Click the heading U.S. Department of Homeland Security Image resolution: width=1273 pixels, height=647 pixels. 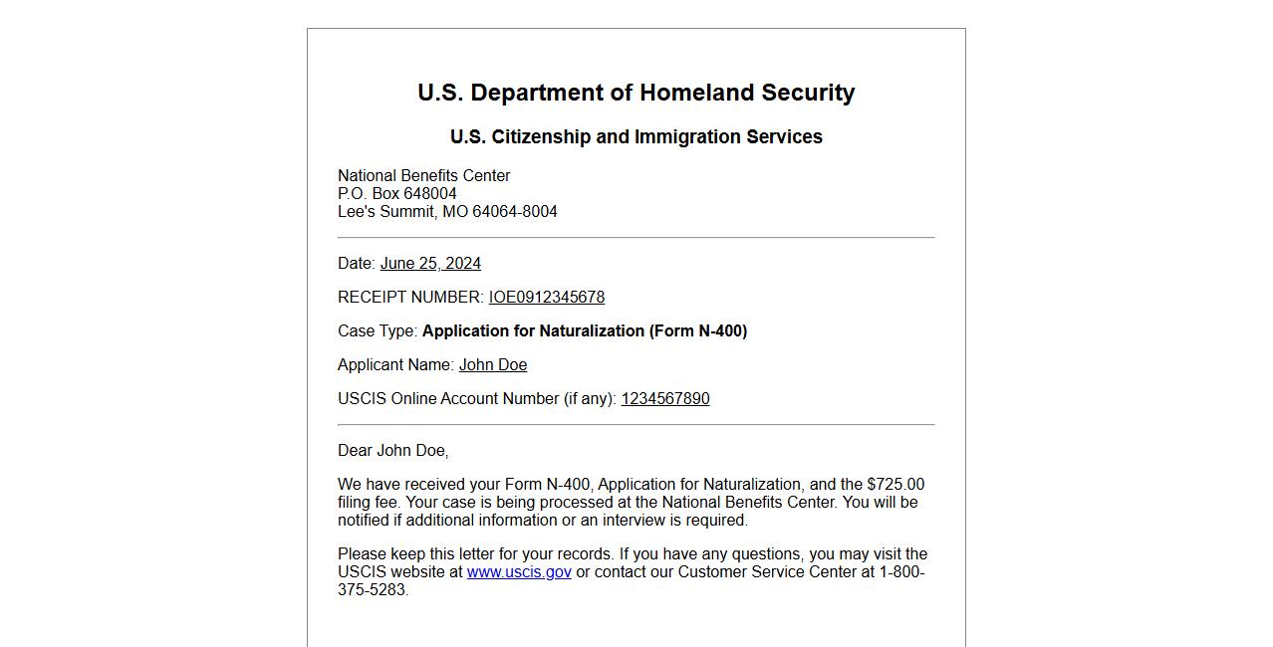click(x=636, y=93)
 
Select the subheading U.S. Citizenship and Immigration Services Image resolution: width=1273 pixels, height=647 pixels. click(x=636, y=137)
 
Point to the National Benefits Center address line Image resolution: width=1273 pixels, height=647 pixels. click(x=423, y=176)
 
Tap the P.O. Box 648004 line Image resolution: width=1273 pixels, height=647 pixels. click(x=396, y=194)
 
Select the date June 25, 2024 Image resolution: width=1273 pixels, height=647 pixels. click(x=430, y=264)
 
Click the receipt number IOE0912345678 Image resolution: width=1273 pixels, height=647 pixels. click(x=546, y=298)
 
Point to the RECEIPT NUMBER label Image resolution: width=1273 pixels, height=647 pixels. click(x=409, y=298)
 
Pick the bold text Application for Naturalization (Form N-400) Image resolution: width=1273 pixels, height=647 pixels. click(x=584, y=331)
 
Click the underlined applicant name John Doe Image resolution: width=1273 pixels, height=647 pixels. click(x=493, y=365)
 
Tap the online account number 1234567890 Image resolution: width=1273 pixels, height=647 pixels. click(x=664, y=399)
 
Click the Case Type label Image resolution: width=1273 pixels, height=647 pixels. click(x=377, y=331)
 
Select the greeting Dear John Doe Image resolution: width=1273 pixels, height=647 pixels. click(x=392, y=451)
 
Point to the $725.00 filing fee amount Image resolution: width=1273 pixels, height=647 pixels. click(x=895, y=485)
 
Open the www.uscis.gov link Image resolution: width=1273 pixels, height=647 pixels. click(x=519, y=572)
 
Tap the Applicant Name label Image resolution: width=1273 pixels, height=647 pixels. click(x=395, y=365)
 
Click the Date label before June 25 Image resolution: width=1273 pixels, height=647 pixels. click(x=356, y=264)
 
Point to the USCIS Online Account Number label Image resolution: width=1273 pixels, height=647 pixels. click(x=476, y=399)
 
